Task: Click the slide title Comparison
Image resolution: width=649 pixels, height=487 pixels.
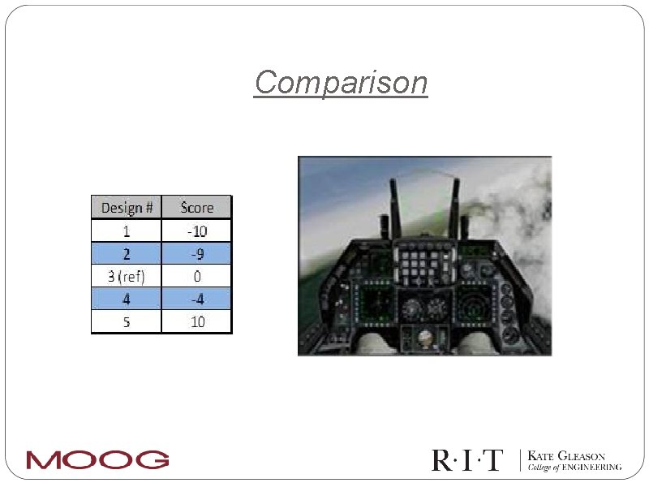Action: pos(341,83)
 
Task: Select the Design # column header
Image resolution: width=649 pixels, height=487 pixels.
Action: pos(127,208)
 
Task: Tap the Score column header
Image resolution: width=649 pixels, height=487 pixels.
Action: pos(196,208)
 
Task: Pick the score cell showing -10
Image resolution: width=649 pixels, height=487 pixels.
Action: pos(196,231)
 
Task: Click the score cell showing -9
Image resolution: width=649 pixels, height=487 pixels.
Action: pos(196,253)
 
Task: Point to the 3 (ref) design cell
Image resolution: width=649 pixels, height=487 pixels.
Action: pos(127,277)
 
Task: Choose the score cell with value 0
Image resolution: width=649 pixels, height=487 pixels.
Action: pos(196,277)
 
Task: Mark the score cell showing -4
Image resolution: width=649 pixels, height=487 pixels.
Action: pos(196,300)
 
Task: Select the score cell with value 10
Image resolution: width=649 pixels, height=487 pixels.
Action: pos(196,322)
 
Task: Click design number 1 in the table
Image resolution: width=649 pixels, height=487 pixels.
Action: pos(127,231)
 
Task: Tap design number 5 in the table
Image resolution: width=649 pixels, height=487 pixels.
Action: pos(127,322)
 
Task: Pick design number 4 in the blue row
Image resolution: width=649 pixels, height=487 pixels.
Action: pos(127,300)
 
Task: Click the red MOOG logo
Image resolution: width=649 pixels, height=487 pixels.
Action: pos(97,459)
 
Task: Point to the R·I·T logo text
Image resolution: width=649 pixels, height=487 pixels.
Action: pos(466,460)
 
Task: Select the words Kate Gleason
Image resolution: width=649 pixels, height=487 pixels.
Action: pos(566,456)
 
